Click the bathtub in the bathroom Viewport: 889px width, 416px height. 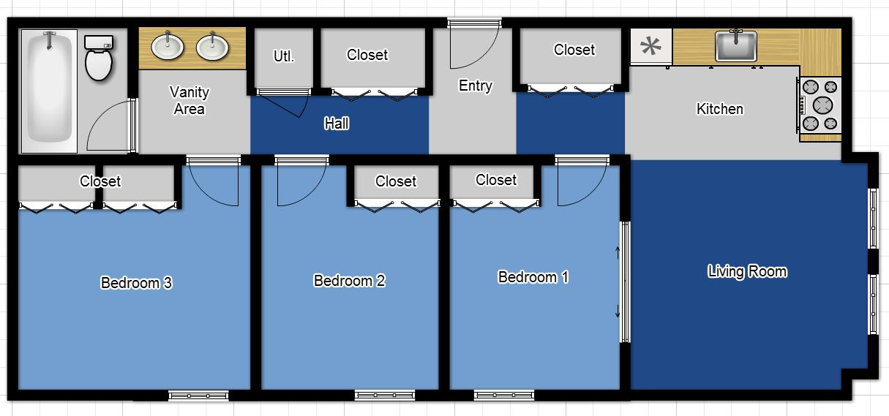[49, 89]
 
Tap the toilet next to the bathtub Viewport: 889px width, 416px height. [97, 58]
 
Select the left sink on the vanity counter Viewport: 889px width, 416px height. [168, 46]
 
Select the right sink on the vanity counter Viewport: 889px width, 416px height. [212, 46]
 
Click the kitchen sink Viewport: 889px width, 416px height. [735, 46]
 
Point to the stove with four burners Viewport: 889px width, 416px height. [820, 105]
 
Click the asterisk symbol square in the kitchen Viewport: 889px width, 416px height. [650, 47]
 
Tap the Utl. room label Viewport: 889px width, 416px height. [283, 56]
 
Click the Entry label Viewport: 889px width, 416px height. [475, 86]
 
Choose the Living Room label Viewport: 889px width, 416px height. [747, 271]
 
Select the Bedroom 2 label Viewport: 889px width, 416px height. [349, 281]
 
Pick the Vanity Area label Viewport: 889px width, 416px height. [190, 100]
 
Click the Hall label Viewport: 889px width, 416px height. [337, 124]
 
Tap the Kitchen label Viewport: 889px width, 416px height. [719, 109]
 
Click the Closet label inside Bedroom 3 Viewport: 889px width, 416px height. [100, 181]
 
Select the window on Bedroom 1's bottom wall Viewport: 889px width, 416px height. [503, 396]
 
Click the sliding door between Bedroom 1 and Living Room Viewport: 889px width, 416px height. [624, 281]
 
